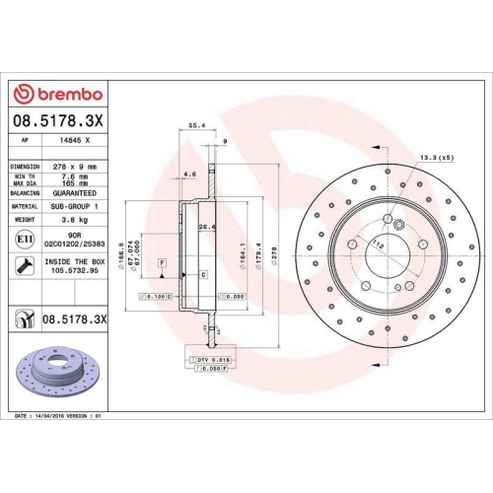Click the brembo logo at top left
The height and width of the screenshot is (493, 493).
(56, 93)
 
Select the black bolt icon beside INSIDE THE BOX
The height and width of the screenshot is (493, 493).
(23, 264)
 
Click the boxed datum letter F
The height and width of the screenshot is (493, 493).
(161, 261)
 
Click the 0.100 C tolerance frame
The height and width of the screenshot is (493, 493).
(156, 295)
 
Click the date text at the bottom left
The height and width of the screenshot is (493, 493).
(59, 418)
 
